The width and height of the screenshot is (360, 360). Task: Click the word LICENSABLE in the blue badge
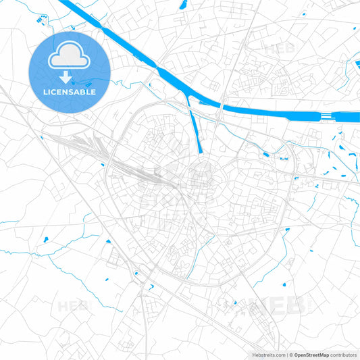(70, 91)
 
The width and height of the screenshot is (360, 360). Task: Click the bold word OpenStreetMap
(311, 355)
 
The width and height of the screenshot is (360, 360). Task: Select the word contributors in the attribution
(342, 355)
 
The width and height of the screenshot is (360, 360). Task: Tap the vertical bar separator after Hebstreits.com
(286, 355)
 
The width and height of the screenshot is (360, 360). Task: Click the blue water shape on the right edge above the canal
(356, 66)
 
